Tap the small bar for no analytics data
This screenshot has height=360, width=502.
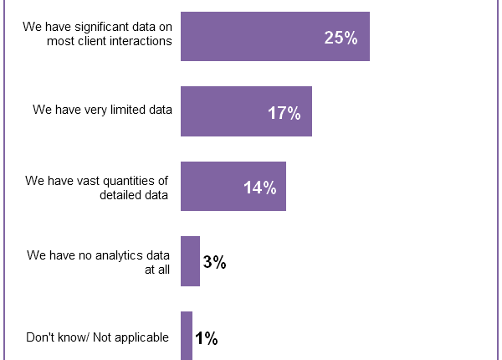tap(190, 261)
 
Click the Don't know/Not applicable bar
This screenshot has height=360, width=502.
tap(187, 337)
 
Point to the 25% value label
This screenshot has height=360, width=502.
tap(341, 39)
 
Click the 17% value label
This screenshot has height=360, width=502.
tap(284, 113)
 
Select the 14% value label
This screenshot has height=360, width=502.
tap(260, 188)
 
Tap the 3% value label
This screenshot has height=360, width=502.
tap(214, 262)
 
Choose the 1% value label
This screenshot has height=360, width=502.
tap(207, 338)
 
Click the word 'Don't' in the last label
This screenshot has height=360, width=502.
tap(41, 337)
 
